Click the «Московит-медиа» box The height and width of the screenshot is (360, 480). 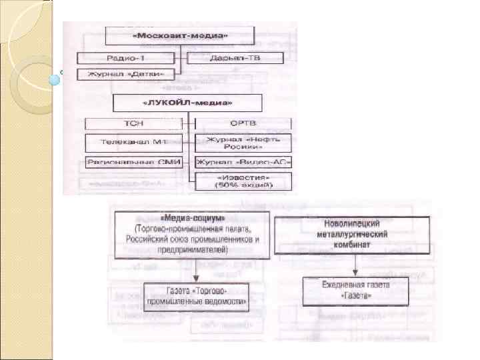pyautogui.click(x=179, y=35)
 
